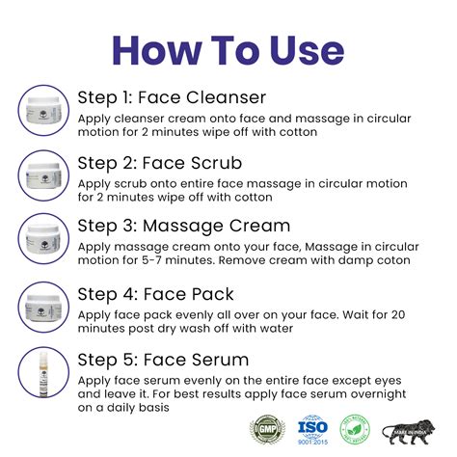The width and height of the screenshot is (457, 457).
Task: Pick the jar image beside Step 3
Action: coord(42,240)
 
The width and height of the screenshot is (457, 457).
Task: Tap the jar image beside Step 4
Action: coord(42,308)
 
